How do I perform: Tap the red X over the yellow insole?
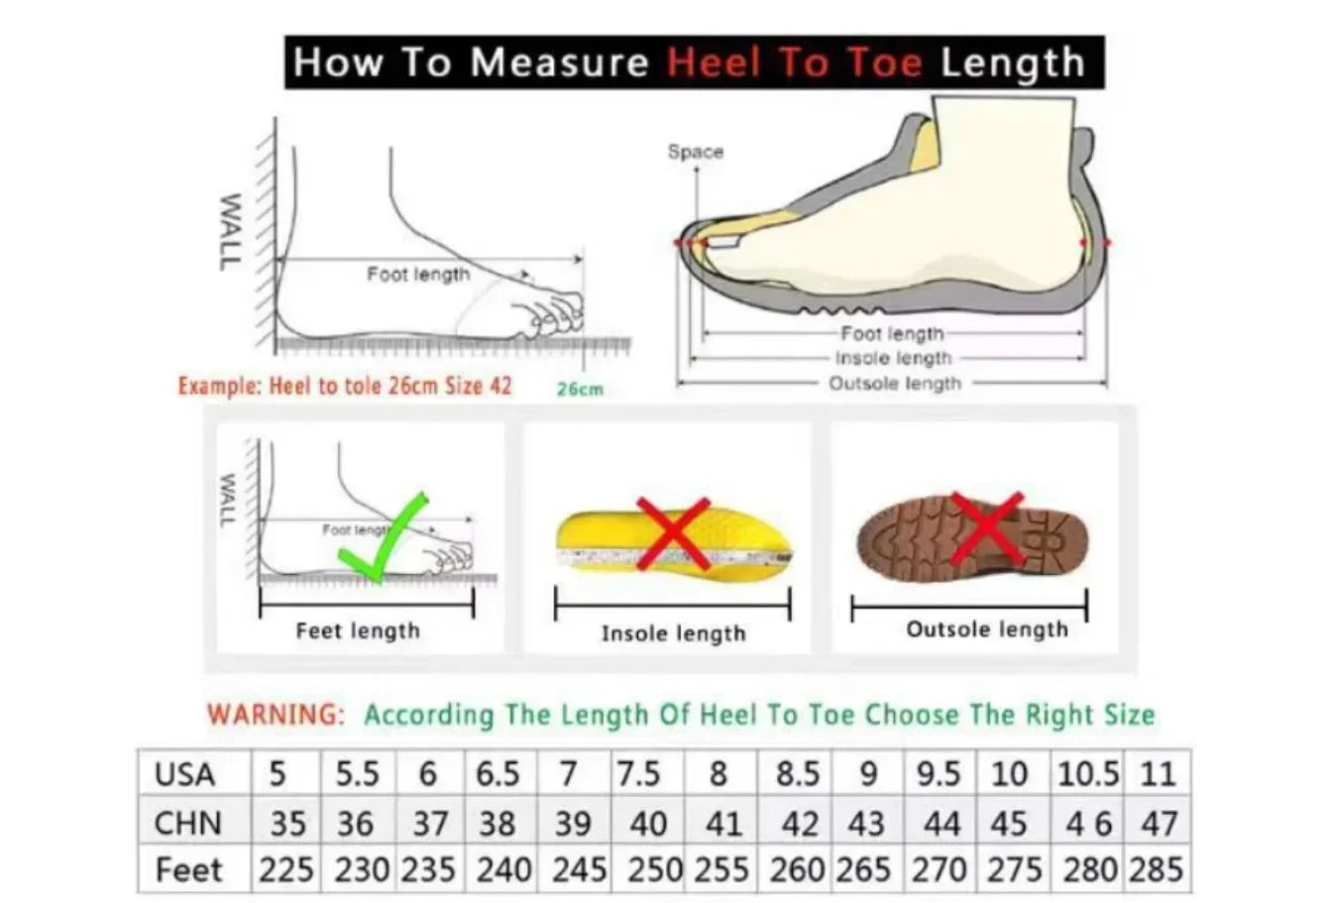[x=674, y=533]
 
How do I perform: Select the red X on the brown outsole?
[x=987, y=527]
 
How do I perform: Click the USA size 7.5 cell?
[x=647, y=773]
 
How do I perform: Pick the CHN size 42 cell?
[x=795, y=822]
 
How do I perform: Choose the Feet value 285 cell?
[x=1157, y=869]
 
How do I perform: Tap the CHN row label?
[x=188, y=823]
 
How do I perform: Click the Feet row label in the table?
[x=188, y=870]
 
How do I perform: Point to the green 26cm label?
[x=580, y=389]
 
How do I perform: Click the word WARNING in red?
[x=276, y=714]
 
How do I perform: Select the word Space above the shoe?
[x=696, y=152]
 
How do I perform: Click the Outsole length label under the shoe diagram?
[x=895, y=383]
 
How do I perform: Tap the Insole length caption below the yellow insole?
[x=674, y=633]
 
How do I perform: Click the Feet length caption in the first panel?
[x=358, y=630]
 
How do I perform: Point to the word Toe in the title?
[x=885, y=62]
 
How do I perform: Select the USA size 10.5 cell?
[x=1087, y=773]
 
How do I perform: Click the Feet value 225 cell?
[x=286, y=869]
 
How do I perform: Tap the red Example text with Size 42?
[x=345, y=386]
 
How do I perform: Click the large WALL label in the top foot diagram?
[x=231, y=232]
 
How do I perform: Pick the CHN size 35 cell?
[x=286, y=822]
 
